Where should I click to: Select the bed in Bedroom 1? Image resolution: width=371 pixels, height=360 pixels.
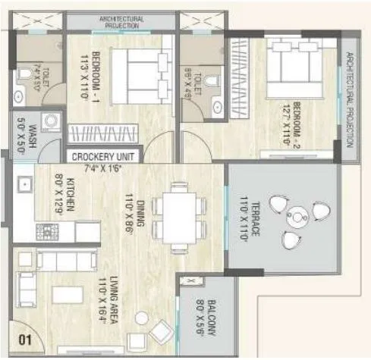(140, 76)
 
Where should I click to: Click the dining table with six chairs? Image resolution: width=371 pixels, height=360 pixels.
(179, 217)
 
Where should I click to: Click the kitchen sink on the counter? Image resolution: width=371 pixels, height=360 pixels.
(24, 184)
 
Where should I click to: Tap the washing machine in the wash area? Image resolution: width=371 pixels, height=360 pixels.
(52, 124)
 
